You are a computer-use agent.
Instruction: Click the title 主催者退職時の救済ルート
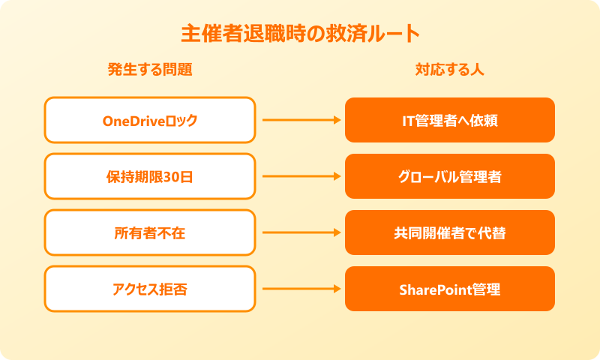point(300,34)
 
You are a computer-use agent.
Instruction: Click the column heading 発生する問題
point(150,70)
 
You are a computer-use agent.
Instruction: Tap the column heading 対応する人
point(450,70)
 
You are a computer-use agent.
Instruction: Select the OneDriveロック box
point(150,120)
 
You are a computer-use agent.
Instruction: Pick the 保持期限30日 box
point(150,176)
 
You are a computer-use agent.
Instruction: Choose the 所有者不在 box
point(150,232)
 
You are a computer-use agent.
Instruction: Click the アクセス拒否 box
point(150,289)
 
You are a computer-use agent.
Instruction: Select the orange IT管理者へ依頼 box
point(450,120)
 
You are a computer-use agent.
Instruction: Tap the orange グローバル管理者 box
point(450,176)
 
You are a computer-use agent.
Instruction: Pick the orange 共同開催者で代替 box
point(450,232)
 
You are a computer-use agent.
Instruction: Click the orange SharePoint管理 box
point(450,289)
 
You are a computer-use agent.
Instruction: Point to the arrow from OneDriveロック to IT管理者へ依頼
point(300,120)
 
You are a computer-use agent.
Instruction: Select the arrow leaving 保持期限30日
point(300,176)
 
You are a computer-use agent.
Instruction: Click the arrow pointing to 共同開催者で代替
point(300,232)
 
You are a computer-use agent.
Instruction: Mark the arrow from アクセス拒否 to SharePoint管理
point(300,289)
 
